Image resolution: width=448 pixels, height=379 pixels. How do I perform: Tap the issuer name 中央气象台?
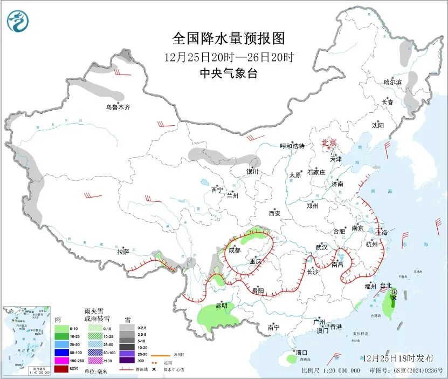tap(228, 73)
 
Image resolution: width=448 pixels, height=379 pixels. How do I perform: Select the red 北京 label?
tap(329, 143)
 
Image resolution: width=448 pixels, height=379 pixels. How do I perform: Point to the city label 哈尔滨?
tap(392, 82)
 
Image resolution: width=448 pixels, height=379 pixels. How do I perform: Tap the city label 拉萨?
tap(123, 252)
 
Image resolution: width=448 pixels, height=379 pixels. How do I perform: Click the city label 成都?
tap(235, 251)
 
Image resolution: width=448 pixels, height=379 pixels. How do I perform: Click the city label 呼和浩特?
tap(292, 146)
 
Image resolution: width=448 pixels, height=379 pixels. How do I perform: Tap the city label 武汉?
tap(322, 247)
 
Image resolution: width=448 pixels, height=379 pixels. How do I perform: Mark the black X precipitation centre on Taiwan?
tap(394, 297)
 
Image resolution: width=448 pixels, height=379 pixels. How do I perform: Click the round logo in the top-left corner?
tap(17, 21)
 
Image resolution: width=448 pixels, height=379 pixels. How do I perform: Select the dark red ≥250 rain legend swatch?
tap(61, 369)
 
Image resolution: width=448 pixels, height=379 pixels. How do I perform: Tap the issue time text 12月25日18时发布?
tap(397, 358)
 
